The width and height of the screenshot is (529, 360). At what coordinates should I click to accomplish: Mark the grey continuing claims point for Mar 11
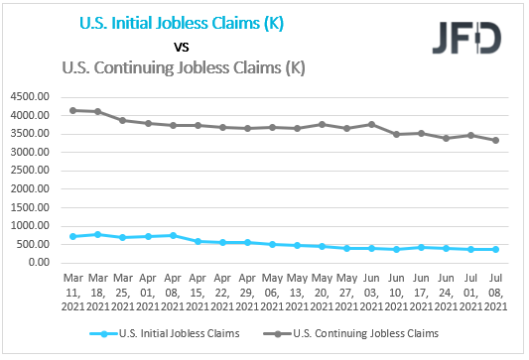pos(73,110)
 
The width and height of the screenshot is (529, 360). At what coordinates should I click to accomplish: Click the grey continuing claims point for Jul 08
pos(495,140)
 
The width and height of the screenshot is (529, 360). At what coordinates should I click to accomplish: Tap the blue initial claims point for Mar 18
pos(98,234)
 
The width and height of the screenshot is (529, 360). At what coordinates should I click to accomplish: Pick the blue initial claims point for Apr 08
pos(173,235)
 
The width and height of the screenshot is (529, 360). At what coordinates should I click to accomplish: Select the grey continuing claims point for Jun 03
pos(371,124)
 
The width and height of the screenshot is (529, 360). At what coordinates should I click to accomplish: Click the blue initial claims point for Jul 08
pos(495,249)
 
